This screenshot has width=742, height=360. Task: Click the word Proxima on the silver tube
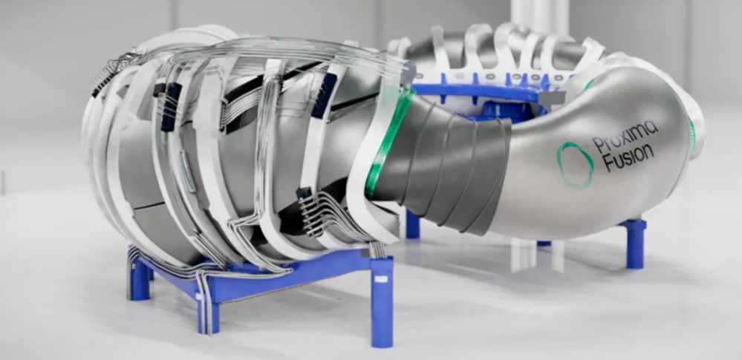point(625,136)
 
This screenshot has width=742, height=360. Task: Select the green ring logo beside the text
point(575,165)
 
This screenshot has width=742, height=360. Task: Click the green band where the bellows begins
point(387,142)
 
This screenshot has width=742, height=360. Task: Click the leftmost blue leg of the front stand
point(138,278)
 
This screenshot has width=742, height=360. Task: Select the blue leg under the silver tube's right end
point(634,243)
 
